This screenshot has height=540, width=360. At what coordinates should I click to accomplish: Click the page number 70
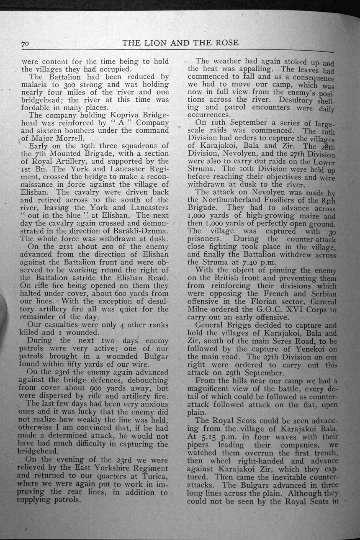(x=25, y=43)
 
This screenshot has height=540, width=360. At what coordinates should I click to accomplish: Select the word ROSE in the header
(x=225, y=42)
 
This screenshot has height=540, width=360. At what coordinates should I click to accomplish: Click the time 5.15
(x=207, y=437)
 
